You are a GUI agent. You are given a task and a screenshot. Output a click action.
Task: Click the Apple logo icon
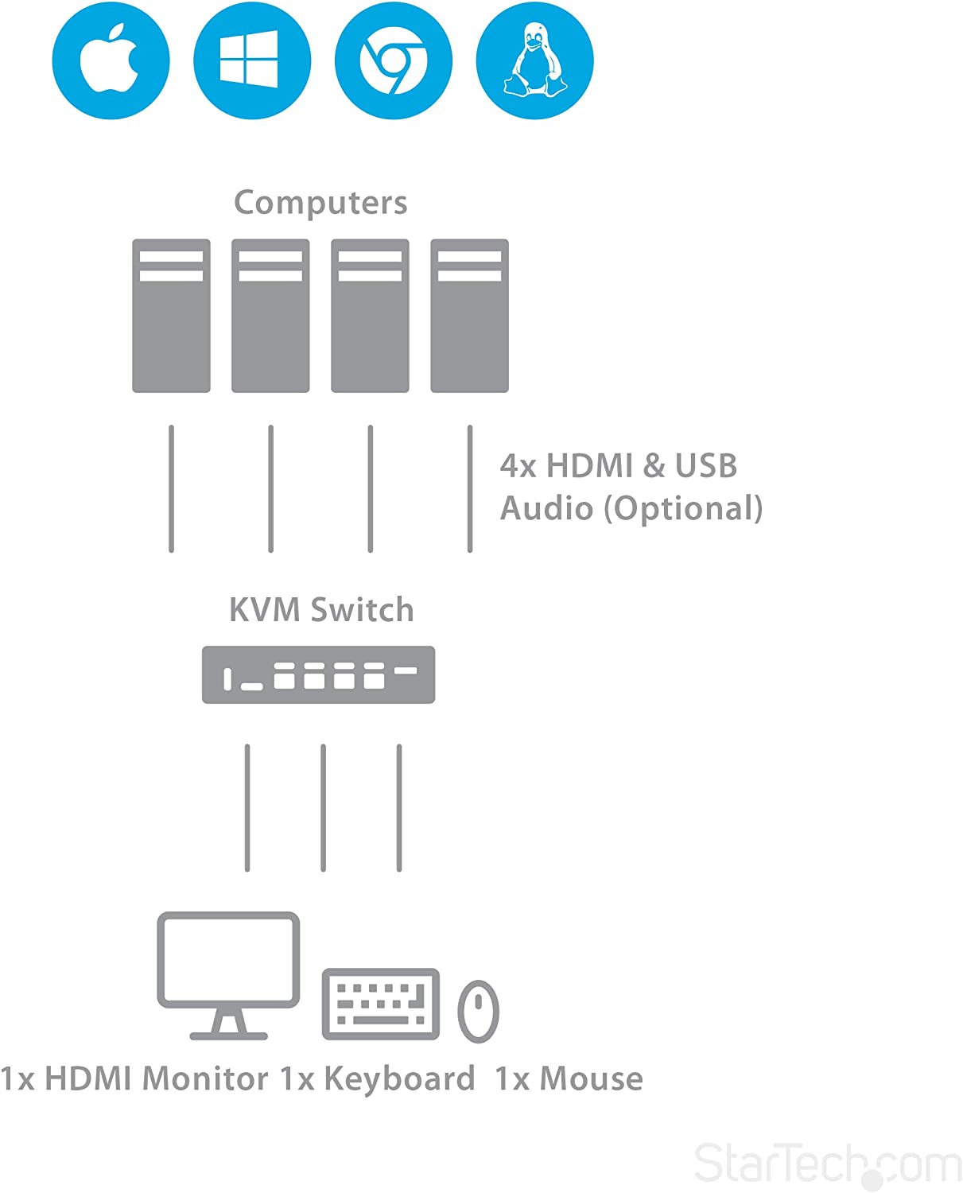click(x=111, y=61)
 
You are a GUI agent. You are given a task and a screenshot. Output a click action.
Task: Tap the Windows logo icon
click(x=251, y=61)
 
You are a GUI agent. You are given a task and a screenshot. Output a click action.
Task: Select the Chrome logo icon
click(x=393, y=61)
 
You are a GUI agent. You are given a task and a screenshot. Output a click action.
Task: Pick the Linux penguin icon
click(x=534, y=61)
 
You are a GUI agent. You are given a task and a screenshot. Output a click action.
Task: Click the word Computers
click(x=320, y=203)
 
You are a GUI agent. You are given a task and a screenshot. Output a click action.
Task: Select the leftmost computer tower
click(x=171, y=316)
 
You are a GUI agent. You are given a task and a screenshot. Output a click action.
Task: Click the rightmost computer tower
click(x=469, y=316)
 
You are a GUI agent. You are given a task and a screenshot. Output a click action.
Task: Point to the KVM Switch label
click(x=321, y=610)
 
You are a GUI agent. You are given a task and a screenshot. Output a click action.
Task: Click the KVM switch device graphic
click(x=318, y=674)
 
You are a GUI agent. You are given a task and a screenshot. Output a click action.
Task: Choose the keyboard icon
click(x=380, y=1004)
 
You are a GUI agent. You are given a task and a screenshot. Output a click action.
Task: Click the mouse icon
click(x=478, y=1012)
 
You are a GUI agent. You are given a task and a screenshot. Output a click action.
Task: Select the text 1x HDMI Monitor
click(x=134, y=1079)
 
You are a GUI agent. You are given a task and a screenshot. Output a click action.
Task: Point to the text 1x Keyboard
click(x=377, y=1079)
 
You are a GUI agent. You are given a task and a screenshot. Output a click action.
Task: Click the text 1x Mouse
click(x=569, y=1079)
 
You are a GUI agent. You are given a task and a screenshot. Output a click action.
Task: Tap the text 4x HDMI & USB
click(x=618, y=466)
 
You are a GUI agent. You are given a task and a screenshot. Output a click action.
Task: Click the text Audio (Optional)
click(x=631, y=508)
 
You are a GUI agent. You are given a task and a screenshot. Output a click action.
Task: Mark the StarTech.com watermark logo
click(x=827, y=1164)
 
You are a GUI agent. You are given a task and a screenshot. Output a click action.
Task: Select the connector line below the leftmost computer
click(x=171, y=488)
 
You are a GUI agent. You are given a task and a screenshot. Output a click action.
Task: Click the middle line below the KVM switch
click(x=323, y=807)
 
